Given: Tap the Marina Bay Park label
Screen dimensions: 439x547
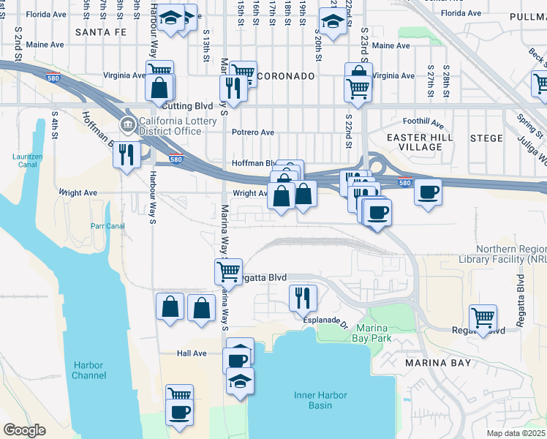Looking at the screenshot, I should coord(374,333).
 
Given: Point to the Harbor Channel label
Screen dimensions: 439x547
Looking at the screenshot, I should coord(89,371).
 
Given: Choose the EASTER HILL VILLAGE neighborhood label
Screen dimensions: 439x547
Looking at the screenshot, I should coord(420,142).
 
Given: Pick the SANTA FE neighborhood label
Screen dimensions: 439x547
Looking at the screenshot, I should coord(101,32).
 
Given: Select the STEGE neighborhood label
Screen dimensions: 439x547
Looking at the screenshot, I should coord(486,138).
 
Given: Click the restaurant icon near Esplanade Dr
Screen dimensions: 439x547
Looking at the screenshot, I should coord(302,296).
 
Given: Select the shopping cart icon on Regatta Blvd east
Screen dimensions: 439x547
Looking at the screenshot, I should coord(483,318).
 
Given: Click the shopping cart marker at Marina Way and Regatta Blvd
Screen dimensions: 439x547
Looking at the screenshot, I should coord(228,271).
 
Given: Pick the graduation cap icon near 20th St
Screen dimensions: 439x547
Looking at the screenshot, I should coord(332,23).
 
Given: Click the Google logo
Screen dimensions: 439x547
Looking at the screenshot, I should coord(25,430).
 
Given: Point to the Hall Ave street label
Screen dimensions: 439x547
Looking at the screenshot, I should coord(192,353).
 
